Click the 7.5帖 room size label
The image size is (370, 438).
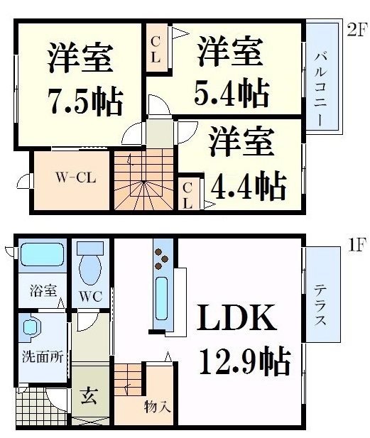84,102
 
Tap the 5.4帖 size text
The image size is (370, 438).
232,91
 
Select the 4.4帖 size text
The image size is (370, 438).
249,185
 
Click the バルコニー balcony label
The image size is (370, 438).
323,79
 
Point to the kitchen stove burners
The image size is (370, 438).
161,256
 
